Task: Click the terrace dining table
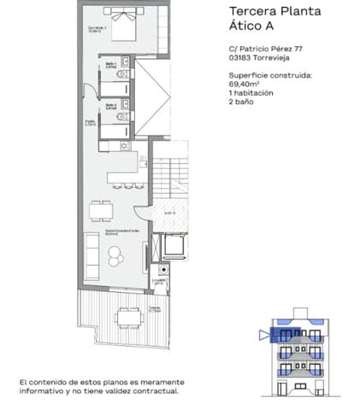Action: [x=130, y=317]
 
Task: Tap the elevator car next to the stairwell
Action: [x=176, y=245]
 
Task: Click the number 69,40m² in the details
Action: [x=246, y=85]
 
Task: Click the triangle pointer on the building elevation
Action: [x=263, y=335]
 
